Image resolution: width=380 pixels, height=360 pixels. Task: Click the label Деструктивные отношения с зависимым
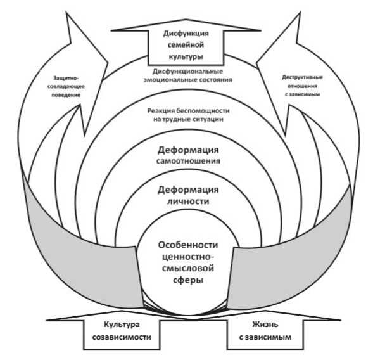coord(303,86)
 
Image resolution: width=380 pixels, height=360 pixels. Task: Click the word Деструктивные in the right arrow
coord(303,77)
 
